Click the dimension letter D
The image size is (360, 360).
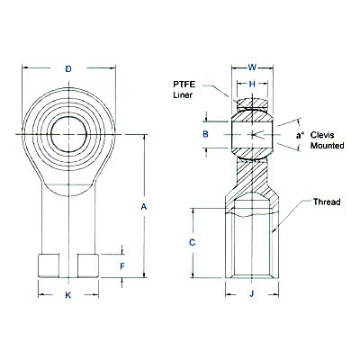(68, 68)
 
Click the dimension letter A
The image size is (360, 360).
(144, 208)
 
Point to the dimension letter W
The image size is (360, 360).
(252, 66)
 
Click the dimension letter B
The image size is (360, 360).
(206, 134)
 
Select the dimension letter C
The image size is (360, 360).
(192, 243)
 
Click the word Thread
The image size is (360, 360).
(327, 202)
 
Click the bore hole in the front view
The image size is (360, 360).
(68, 134)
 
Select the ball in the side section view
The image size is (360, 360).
(252, 135)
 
